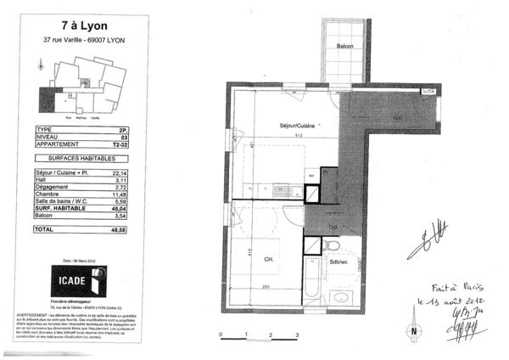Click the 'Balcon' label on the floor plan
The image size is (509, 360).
point(344,46)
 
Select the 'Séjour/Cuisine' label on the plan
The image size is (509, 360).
point(298,126)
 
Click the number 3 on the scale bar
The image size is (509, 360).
point(296,337)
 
